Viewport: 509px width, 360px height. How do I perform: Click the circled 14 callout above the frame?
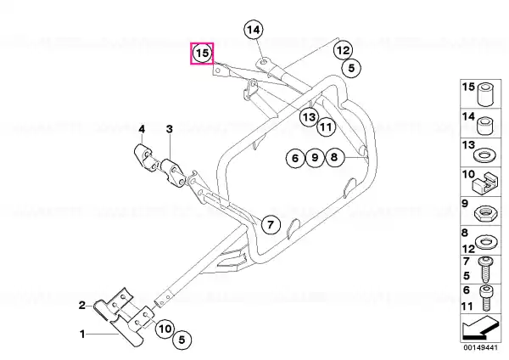[x=254, y=31]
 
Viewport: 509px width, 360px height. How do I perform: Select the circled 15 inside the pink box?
[x=202, y=53]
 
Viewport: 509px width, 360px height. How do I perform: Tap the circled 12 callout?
[x=343, y=50]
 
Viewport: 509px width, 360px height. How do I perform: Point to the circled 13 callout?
[x=309, y=116]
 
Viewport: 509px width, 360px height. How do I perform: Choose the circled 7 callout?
[x=271, y=224]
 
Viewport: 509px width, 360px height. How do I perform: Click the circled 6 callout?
[x=295, y=158]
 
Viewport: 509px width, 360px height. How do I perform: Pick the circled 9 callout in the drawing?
[x=315, y=158]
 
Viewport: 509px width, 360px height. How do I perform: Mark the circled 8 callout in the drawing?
[x=334, y=158]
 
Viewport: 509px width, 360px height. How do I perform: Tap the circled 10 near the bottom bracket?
[x=165, y=329]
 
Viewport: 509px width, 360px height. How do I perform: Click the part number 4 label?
[x=142, y=129]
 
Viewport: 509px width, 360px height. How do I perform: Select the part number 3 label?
[x=170, y=129]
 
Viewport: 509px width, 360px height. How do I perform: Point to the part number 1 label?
[x=82, y=334]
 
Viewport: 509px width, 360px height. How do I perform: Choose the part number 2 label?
[x=81, y=305]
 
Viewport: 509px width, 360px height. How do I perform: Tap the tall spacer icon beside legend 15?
[x=485, y=94]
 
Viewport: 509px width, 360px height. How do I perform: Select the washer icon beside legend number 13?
[x=485, y=155]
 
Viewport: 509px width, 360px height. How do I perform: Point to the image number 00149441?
[x=480, y=347]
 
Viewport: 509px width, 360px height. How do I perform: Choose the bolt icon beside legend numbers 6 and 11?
[x=485, y=298]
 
